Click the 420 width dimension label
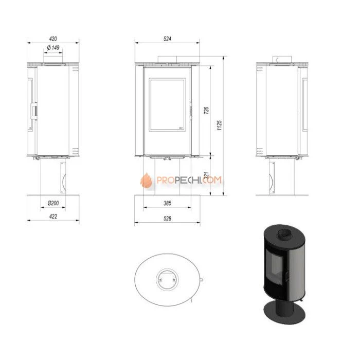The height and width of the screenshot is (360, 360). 53,39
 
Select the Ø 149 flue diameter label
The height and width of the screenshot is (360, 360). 53,48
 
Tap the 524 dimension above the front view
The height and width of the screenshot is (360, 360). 167,39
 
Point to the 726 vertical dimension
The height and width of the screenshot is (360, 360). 206,111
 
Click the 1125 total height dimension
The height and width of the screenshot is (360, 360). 219,125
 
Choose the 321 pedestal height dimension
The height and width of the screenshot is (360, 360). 206,175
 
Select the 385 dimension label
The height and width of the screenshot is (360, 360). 167,203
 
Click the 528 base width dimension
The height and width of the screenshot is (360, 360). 167,219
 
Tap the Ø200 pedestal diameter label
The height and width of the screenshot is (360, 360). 53,203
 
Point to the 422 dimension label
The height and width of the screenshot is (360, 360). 53,217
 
